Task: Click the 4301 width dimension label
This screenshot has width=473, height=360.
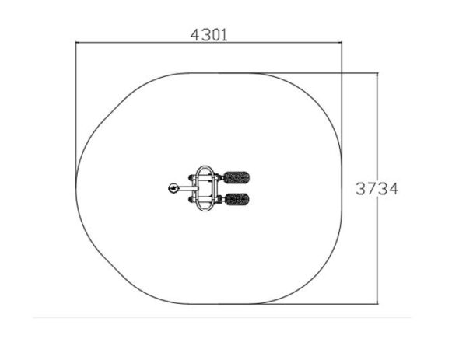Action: pos(208,35)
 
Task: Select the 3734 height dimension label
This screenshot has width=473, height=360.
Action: pos(377,189)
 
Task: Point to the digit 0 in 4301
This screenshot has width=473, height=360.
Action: pos(214,35)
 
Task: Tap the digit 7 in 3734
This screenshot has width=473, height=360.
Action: pos(371,189)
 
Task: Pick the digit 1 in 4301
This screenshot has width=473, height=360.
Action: pos(224,35)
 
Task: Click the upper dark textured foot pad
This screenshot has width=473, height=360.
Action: pos(236,177)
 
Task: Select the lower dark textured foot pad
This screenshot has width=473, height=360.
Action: pos(237,199)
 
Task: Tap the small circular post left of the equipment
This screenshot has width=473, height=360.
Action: pos(173,188)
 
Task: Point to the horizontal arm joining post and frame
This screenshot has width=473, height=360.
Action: pos(188,188)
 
